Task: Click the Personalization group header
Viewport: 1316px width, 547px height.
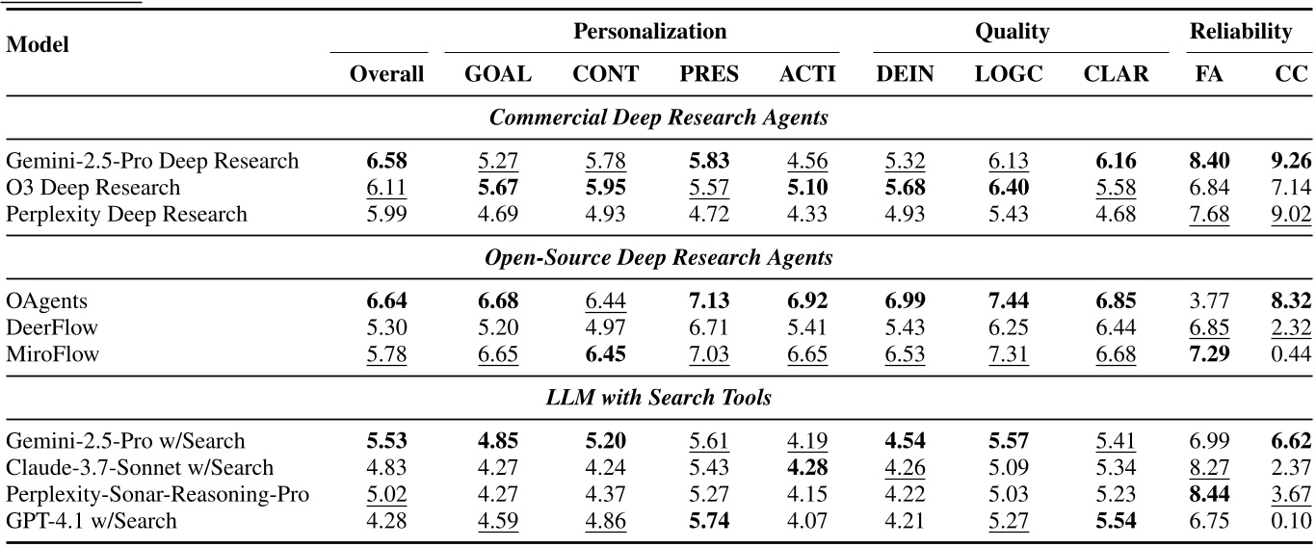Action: pyautogui.click(x=649, y=32)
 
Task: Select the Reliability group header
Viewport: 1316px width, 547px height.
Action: pyautogui.click(x=1240, y=32)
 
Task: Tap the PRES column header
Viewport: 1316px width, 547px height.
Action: pyautogui.click(x=709, y=75)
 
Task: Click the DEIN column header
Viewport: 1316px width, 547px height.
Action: pyautogui.click(x=905, y=75)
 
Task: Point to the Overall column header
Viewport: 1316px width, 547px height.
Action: pyautogui.click(x=386, y=75)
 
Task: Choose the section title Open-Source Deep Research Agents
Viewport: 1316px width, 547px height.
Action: pyautogui.click(x=658, y=258)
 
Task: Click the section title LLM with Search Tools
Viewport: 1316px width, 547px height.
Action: pyautogui.click(x=658, y=398)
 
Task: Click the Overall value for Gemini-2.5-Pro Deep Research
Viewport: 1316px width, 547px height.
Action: pyautogui.click(x=386, y=160)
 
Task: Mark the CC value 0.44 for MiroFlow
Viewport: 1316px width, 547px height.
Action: pyautogui.click(x=1291, y=355)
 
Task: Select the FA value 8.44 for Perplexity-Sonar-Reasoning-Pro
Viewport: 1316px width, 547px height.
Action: pyautogui.click(x=1209, y=494)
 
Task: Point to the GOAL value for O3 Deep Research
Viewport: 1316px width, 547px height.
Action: pyautogui.click(x=497, y=187)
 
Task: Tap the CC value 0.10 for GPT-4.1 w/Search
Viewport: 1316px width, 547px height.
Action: pyautogui.click(x=1291, y=521)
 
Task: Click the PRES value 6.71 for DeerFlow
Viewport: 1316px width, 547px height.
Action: pyautogui.click(x=709, y=328)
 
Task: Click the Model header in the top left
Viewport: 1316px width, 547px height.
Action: pyautogui.click(x=37, y=44)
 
